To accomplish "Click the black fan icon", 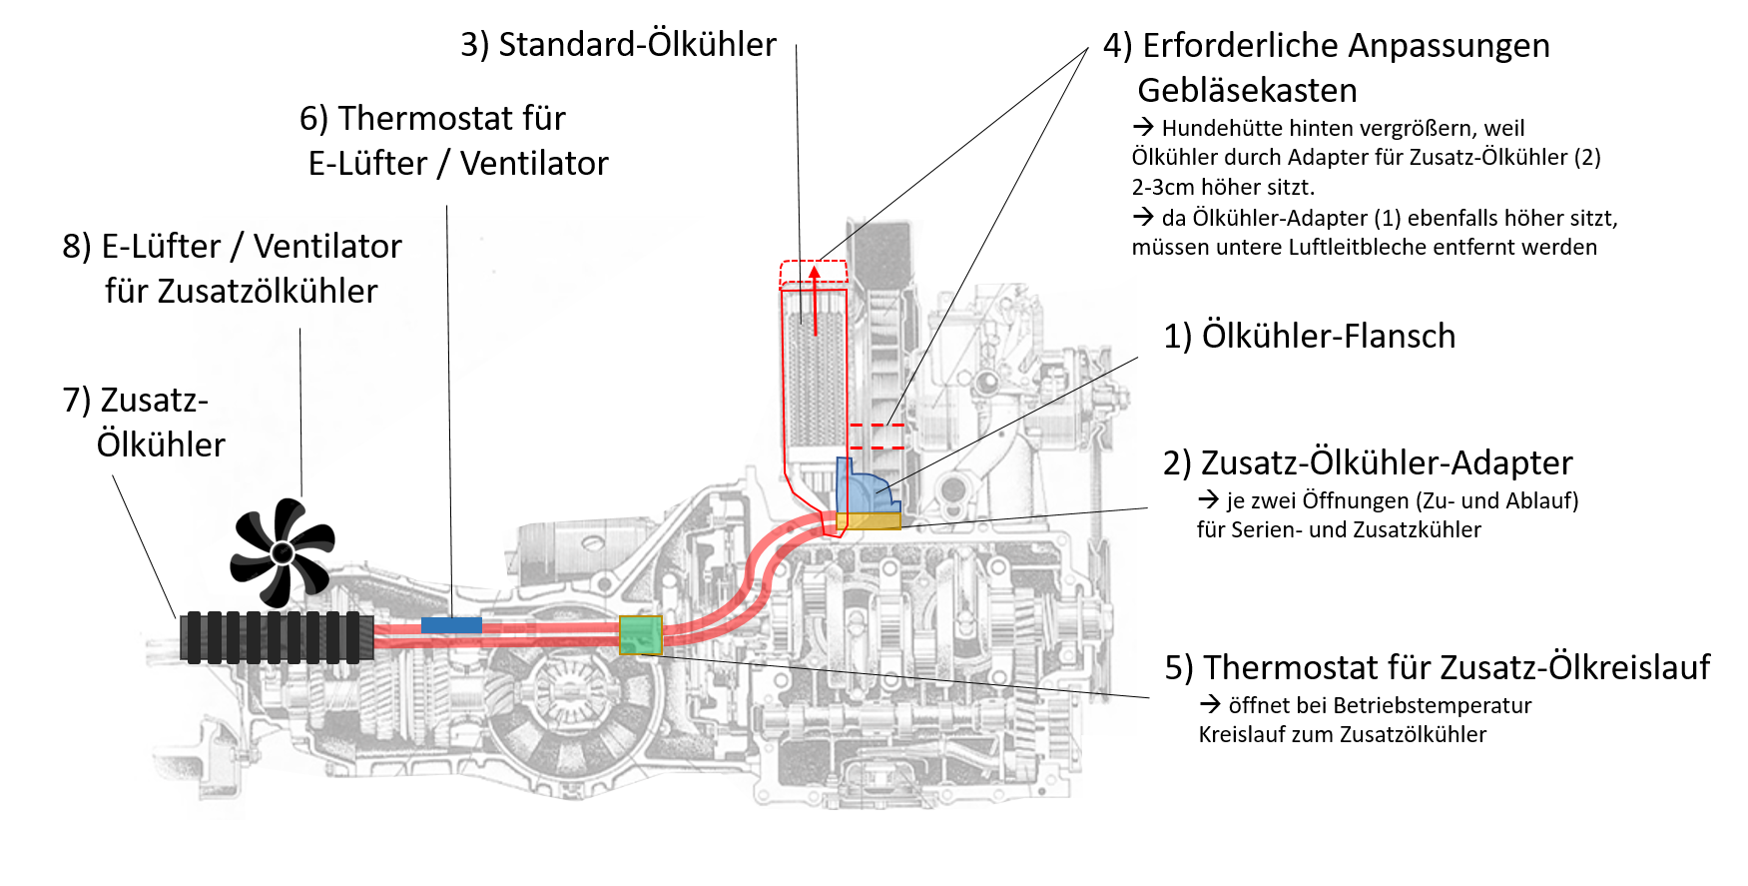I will click(x=282, y=551).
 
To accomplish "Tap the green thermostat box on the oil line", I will click(x=640, y=634).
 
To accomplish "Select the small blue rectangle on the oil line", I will click(x=451, y=624).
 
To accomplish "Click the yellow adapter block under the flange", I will click(x=869, y=520).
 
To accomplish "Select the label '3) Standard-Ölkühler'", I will click(x=618, y=45).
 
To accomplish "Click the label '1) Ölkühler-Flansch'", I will click(x=1309, y=337).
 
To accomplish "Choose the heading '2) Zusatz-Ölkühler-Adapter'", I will click(x=1368, y=463).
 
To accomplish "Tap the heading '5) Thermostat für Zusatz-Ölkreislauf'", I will click(x=1437, y=667).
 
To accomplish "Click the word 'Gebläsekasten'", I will click(x=1247, y=91).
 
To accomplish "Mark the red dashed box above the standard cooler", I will click(x=814, y=272).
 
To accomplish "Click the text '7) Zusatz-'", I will click(x=135, y=401).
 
